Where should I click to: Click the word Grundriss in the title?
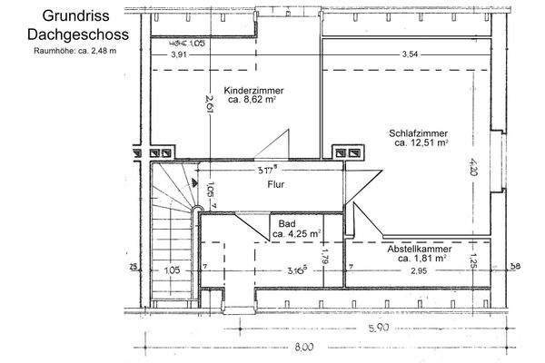[72, 16]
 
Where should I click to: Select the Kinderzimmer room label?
[252, 92]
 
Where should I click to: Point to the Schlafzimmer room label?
[419, 132]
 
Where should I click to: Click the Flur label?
[276, 184]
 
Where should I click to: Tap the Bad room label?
[287, 222]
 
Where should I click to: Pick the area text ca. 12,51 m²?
[421, 143]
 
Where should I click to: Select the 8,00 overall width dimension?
[302, 347]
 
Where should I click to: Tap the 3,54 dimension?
[412, 55]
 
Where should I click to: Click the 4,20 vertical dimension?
[473, 167]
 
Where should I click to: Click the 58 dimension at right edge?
[516, 267]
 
